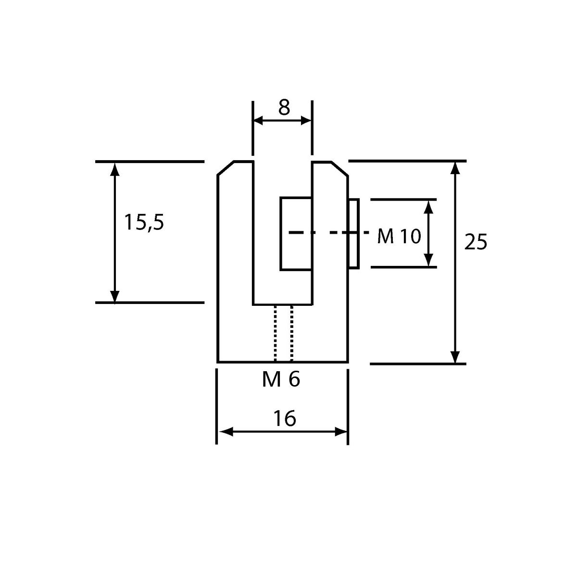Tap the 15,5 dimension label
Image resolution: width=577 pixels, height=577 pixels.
(144, 222)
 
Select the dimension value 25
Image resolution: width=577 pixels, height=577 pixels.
(476, 241)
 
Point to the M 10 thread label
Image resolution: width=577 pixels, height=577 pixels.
(399, 236)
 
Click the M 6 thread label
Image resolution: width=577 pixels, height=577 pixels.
(281, 380)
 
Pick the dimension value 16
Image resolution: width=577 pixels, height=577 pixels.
(285, 418)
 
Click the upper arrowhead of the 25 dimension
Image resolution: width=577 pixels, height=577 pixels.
(455, 168)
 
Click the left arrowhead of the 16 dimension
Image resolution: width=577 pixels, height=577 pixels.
(226, 432)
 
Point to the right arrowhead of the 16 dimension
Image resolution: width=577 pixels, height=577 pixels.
(341, 432)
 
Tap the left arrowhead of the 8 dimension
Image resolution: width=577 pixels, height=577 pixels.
(258, 120)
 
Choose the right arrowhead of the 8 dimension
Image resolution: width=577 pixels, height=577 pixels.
(306, 120)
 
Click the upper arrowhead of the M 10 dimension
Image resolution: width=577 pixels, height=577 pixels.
(429, 207)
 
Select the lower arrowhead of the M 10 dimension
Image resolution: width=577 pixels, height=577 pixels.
(429, 260)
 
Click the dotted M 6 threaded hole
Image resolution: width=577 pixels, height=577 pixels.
(283, 333)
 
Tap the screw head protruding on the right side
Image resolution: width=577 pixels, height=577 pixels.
(353, 234)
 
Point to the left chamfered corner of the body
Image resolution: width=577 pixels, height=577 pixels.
(226, 168)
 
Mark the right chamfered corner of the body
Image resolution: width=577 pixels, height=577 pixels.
(339, 169)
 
